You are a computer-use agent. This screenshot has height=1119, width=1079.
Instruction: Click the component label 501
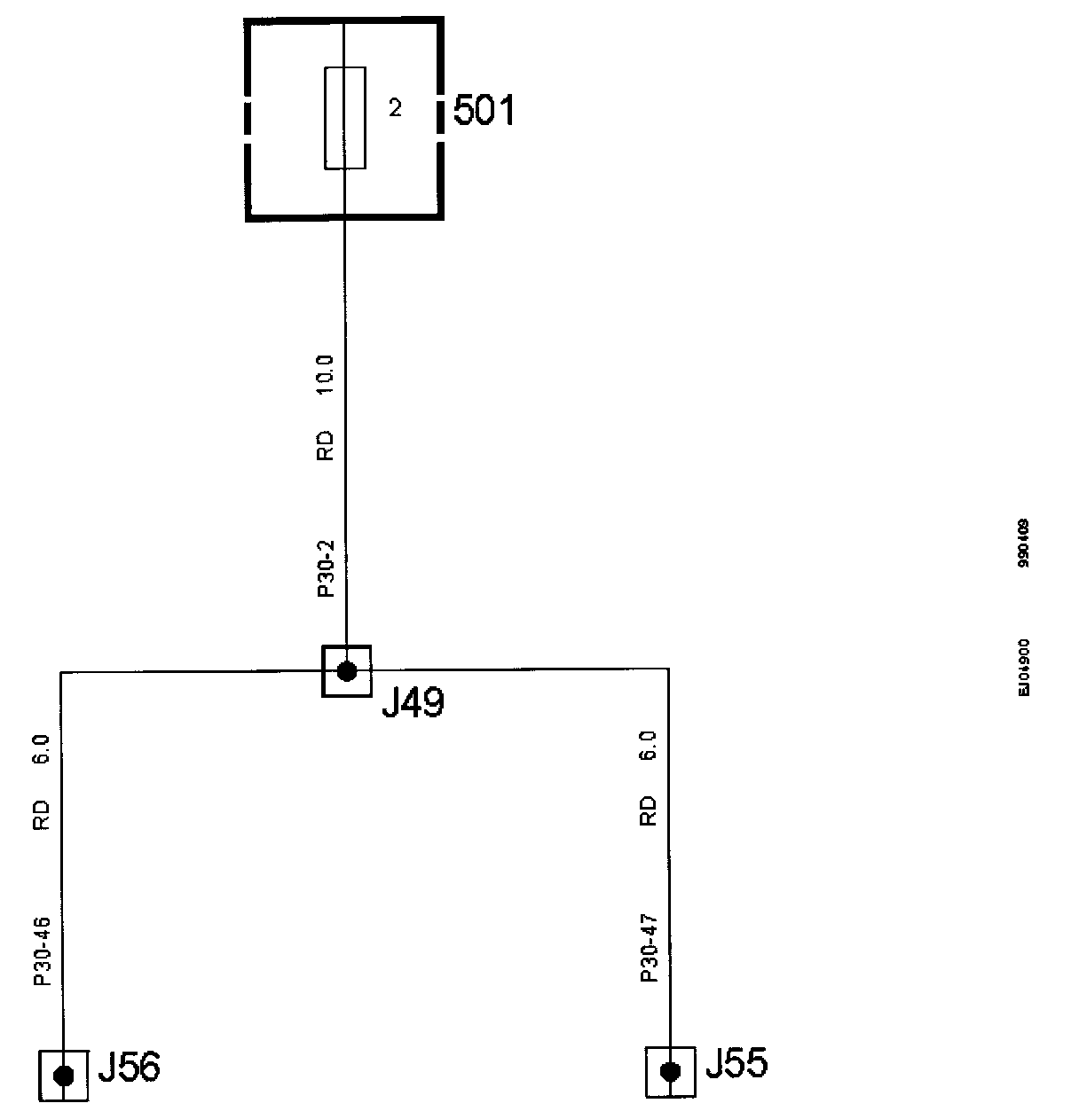point(484,112)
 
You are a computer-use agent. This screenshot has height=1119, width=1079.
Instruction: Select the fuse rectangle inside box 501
point(344,118)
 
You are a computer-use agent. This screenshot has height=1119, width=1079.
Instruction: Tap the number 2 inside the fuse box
point(395,108)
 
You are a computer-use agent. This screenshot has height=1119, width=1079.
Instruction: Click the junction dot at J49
point(346,671)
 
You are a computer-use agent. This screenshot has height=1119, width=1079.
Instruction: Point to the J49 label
point(412,703)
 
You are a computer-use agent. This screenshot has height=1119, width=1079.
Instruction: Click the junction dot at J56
point(64,1076)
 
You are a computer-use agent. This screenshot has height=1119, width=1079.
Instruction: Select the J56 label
point(129,1068)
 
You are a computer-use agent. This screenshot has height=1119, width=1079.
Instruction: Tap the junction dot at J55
point(671,1072)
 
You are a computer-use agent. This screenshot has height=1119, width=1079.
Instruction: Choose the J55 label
point(736,1062)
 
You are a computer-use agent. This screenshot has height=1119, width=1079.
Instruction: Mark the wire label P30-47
point(649,948)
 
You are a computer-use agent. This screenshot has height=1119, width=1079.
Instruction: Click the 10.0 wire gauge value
point(326,374)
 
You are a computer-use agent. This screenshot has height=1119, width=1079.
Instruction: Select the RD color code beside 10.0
point(326,445)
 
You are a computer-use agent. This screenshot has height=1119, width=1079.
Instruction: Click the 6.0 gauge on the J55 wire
point(649,745)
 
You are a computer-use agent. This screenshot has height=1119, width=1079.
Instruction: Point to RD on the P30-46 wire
point(42,816)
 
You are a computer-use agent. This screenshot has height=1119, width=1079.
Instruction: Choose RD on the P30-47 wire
point(649,810)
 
